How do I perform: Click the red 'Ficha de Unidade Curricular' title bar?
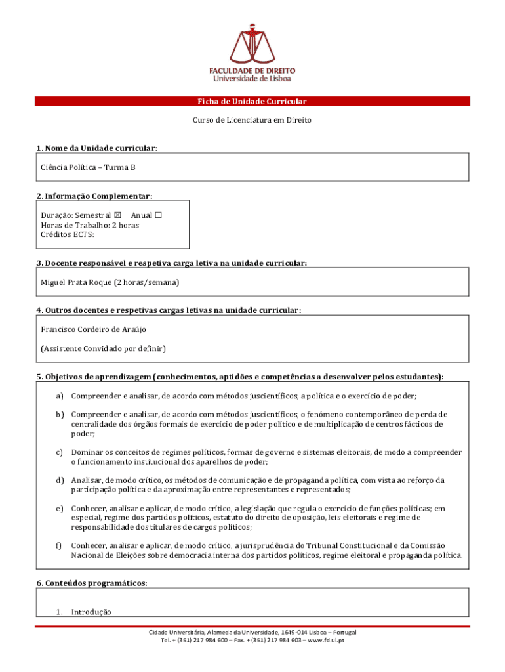pos(253,102)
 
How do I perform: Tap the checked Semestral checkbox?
pos(117,215)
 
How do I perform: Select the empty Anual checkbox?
pos(158,215)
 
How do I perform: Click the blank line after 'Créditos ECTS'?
pos(110,235)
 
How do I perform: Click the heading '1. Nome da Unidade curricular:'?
pos(97,148)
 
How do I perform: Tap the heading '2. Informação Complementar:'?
pos(94,196)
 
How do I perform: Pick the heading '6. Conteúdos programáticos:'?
pos(92,583)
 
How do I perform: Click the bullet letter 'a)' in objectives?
pos(60,396)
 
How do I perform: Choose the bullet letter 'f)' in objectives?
pos(59,545)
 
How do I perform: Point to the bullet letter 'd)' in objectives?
pos(60,480)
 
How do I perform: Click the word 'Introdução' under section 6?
pos(91,612)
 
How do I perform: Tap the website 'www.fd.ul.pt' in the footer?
pos(325,640)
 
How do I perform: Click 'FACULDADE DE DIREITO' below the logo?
pos(253,70)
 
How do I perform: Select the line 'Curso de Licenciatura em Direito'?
pos(252,121)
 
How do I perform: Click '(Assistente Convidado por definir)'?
pos(104,348)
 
